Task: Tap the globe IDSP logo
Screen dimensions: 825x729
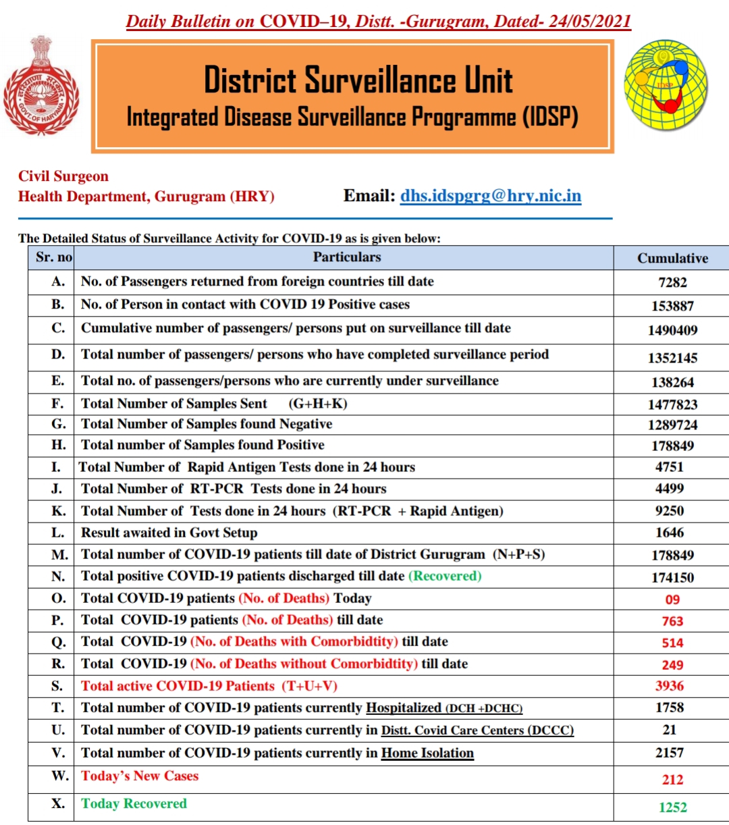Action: pyautogui.click(x=666, y=85)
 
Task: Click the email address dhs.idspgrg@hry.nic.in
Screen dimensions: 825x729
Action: pyautogui.click(x=490, y=196)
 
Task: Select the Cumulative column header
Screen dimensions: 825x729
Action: pyautogui.click(x=672, y=258)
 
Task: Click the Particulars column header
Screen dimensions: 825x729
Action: pyautogui.click(x=346, y=257)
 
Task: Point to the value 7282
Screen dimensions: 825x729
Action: pyautogui.click(x=672, y=282)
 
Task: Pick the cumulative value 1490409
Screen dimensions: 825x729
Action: pyautogui.click(x=672, y=330)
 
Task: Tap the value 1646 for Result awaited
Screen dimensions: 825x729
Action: pyautogui.click(x=670, y=533)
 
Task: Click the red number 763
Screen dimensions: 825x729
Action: pyautogui.click(x=672, y=621)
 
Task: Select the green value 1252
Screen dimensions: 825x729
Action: pyautogui.click(x=672, y=807)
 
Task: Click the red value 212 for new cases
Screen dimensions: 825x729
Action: pyautogui.click(x=672, y=779)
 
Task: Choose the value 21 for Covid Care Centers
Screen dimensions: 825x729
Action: pyautogui.click(x=670, y=730)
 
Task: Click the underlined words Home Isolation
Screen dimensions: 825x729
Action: pyautogui.click(x=427, y=753)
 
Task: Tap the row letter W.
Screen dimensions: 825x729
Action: pyautogui.click(x=59, y=776)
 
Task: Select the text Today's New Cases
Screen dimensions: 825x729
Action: pyautogui.click(x=140, y=776)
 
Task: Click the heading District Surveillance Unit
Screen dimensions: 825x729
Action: pyautogui.click(x=358, y=80)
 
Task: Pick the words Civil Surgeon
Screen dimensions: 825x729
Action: pyautogui.click(x=63, y=176)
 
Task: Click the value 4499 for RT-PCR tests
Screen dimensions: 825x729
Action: pyautogui.click(x=670, y=488)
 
